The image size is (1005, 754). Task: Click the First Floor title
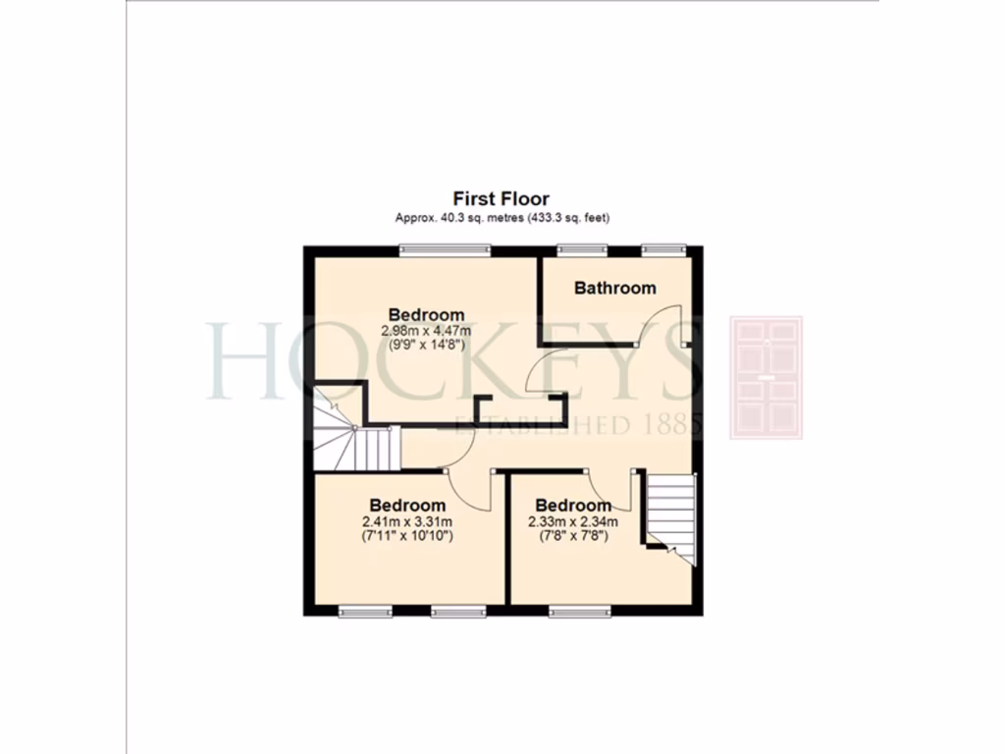501,199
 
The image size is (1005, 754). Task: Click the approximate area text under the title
501,217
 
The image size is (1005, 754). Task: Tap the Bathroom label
614,289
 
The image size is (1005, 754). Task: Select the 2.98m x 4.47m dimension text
426,331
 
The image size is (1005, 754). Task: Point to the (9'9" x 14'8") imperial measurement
426,345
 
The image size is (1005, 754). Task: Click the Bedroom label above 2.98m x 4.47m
426,315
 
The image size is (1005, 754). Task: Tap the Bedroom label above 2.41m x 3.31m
407,507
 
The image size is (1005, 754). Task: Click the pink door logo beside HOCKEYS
766,377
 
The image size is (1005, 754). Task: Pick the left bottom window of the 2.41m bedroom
365,613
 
